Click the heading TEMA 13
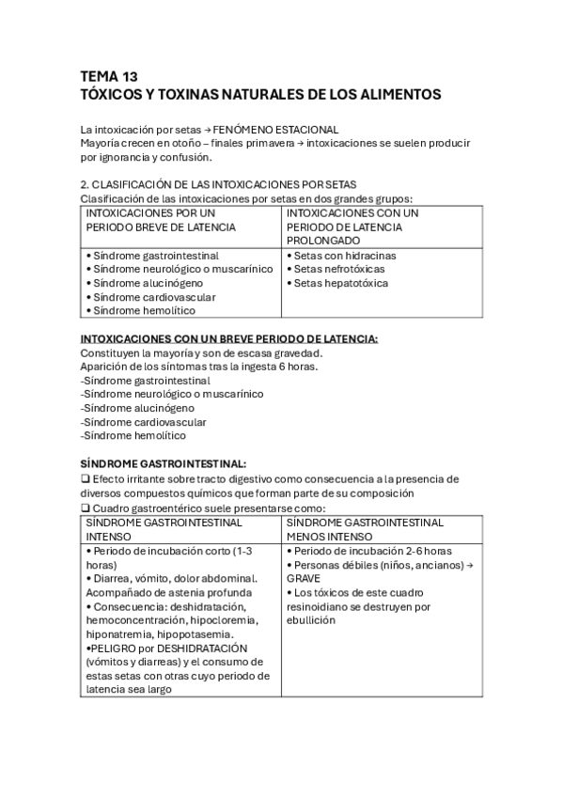click(109, 77)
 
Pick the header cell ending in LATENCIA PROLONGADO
click(351, 227)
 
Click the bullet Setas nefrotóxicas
click(338, 269)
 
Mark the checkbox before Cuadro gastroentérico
click(85, 508)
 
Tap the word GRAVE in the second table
click(305, 579)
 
